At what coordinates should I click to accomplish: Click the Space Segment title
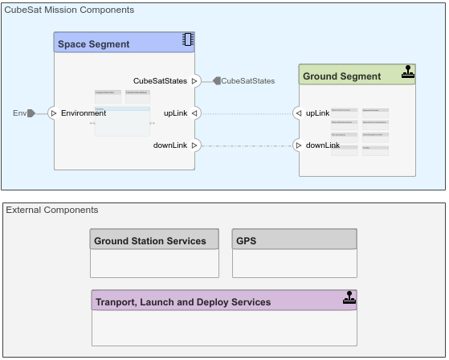(x=93, y=44)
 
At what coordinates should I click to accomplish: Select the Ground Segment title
(x=341, y=76)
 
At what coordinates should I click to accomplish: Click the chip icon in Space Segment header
(x=188, y=40)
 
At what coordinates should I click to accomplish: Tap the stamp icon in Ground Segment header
(x=408, y=73)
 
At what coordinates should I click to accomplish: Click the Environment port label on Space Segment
(x=84, y=113)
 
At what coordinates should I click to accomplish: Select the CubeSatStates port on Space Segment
(x=194, y=80)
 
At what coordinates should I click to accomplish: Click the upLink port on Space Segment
(x=194, y=113)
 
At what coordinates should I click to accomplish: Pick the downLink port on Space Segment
(x=194, y=145)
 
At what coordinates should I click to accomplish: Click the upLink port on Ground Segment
(x=298, y=113)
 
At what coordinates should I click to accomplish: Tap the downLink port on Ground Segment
(x=298, y=145)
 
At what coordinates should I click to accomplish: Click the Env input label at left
(x=19, y=113)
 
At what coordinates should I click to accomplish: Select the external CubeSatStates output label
(x=247, y=80)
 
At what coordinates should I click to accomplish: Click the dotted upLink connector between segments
(x=246, y=113)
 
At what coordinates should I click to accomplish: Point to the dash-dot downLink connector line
(x=246, y=145)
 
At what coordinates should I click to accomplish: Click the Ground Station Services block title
(x=150, y=240)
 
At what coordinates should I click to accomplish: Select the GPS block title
(x=247, y=240)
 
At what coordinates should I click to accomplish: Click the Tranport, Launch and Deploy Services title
(x=183, y=302)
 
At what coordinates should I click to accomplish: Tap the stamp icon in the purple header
(x=349, y=298)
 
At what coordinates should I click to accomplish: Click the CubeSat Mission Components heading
(x=69, y=10)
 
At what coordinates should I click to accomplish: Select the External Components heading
(x=52, y=210)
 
